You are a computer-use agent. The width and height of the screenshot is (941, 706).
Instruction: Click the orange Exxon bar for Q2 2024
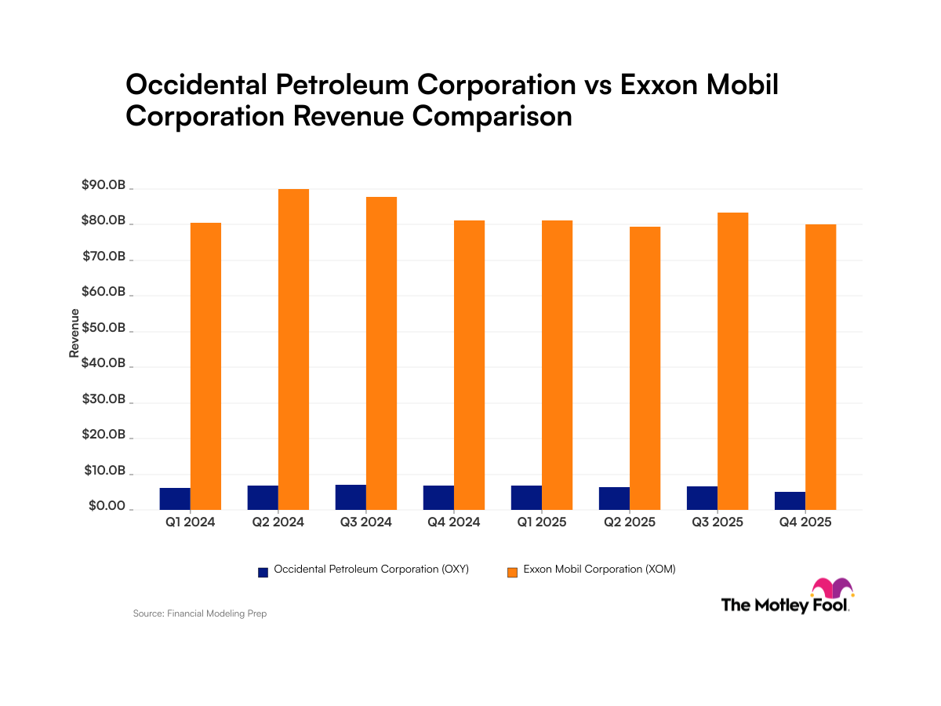[293, 349]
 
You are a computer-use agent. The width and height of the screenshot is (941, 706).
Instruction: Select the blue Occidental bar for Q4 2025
[790, 500]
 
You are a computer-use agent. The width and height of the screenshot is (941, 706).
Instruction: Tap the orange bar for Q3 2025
[732, 361]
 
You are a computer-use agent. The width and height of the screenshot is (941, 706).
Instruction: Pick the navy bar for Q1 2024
[176, 498]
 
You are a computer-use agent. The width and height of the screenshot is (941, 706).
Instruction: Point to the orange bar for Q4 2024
[469, 365]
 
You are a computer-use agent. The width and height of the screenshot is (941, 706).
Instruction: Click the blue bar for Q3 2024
[351, 497]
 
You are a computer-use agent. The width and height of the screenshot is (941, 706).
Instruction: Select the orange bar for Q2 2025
[645, 368]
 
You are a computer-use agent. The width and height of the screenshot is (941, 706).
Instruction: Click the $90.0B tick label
[103, 185]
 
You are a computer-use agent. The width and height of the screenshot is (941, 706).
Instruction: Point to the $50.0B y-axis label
[103, 328]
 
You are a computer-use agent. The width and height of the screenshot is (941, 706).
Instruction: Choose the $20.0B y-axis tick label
[103, 435]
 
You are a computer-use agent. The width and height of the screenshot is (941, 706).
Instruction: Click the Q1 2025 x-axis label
[542, 522]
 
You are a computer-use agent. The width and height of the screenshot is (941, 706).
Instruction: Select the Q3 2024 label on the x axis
[366, 522]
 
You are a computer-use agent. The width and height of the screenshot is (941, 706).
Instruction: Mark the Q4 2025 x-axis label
[805, 522]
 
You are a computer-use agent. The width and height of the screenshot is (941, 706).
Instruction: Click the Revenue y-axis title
[74, 333]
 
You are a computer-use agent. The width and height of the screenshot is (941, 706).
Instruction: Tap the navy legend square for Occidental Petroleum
[263, 571]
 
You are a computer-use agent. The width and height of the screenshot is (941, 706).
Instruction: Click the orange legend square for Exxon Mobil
[513, 571]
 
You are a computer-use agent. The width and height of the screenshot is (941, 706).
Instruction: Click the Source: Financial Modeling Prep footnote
[200, 613]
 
